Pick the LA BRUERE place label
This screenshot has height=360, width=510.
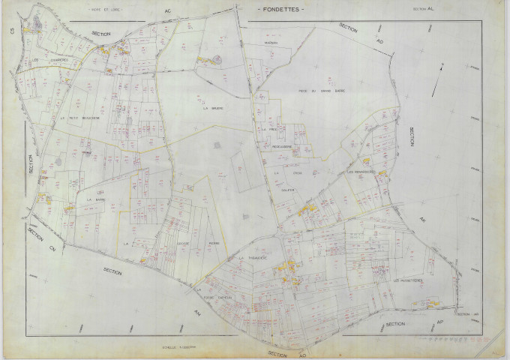tap(214, 107)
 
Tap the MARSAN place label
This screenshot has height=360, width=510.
tap(271, 43)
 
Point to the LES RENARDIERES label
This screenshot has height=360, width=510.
tap(363, 174)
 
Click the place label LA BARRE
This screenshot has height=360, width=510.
tap(95, 199)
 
